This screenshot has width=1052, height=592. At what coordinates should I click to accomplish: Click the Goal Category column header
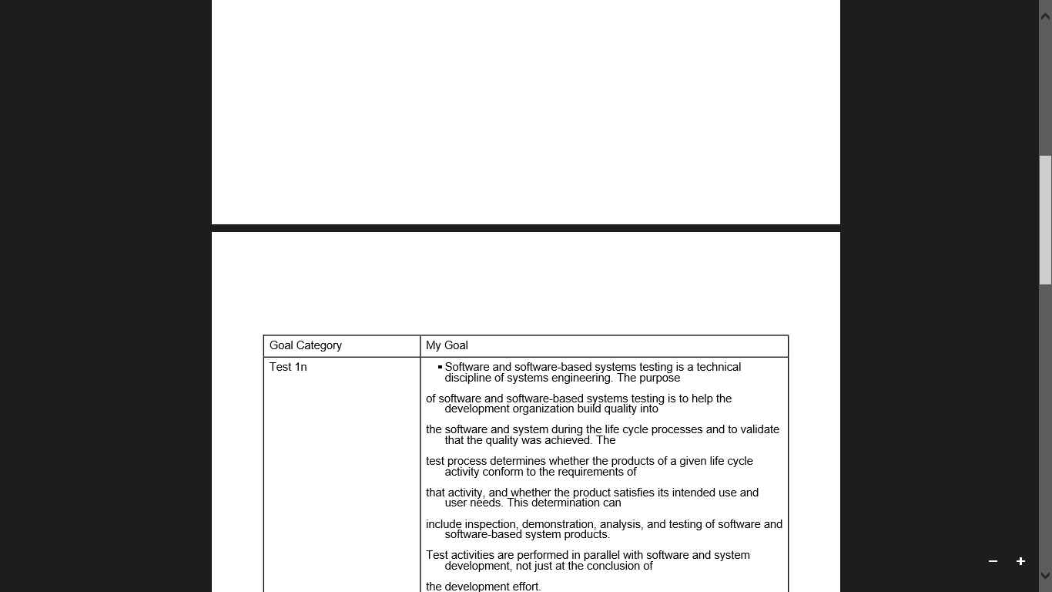click(306, 345)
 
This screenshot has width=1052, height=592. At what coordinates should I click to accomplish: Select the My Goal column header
click(447, 345)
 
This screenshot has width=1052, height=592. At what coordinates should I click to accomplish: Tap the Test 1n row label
click(288, 367)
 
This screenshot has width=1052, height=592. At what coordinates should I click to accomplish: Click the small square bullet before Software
click(440, 367)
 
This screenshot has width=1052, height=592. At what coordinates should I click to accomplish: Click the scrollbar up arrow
click(1045, 15)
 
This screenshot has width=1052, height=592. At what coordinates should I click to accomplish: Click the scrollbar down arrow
click(1045, 575)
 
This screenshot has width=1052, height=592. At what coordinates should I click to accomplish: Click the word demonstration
click(558, 524)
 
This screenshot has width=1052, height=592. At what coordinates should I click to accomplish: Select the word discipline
click(467, 378)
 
